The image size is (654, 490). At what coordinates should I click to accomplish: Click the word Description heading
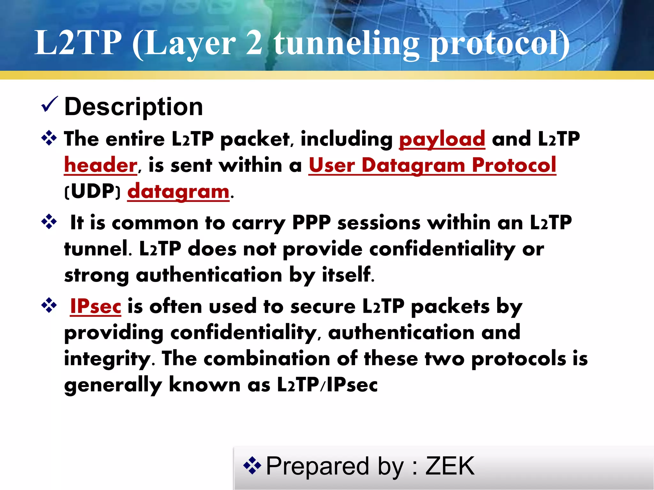coord(133,107)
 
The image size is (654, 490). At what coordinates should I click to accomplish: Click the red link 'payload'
coord(442,139)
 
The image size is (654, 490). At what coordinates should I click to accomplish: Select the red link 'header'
coord(101,165)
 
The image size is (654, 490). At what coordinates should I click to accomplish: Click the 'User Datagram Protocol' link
coord(432,165)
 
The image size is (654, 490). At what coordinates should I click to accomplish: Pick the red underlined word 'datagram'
coord(178,191)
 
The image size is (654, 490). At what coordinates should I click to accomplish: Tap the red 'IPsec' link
coord(95,306)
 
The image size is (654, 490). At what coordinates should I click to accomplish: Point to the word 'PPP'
coord(311,223)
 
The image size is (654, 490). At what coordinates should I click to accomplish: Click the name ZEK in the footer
coord(450,466)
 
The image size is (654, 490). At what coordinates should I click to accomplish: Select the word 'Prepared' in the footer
coord(317,466)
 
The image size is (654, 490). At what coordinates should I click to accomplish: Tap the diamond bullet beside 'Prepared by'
coord(252,465)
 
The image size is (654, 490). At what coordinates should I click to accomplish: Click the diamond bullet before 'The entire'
coord(49,138)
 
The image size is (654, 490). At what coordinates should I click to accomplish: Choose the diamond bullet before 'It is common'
coord(49,222)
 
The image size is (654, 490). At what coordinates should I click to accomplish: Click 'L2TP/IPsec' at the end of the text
coord(327,385)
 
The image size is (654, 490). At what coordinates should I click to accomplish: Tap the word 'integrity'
coord(107,359)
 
